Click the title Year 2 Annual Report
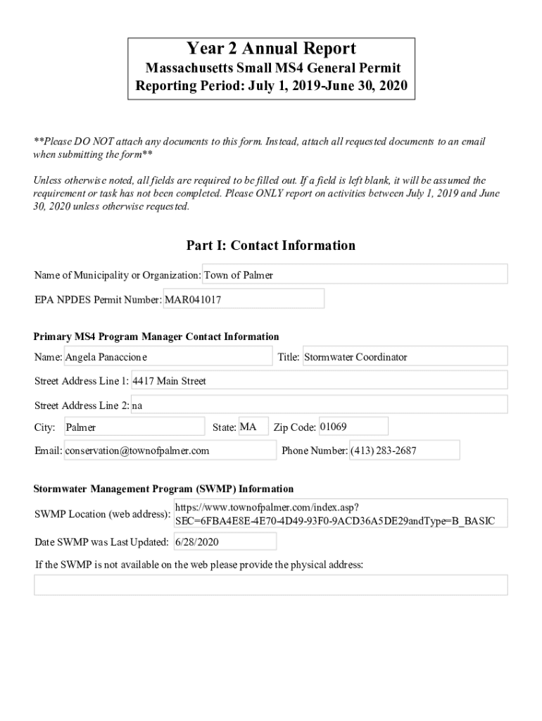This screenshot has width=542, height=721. click(271, 49)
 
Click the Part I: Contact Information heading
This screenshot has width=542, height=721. click(271, 245)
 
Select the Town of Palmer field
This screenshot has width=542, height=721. click(355, 275)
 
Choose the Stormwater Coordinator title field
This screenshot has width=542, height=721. click(404, 357)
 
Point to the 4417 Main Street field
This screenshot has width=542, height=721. click(319, 381)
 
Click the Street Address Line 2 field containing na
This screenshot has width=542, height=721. click(319, 405)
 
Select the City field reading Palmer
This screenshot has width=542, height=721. click(134, 427)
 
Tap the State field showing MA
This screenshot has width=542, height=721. click(253, 427)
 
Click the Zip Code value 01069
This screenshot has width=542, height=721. click(353, 427)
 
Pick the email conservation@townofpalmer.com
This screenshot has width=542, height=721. click(170, 451)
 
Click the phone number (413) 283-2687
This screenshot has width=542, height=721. click(404, 451)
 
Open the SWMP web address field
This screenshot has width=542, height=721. click(340, 514)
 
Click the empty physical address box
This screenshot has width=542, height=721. click(271, 585)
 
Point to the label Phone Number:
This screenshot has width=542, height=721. click(314, 451)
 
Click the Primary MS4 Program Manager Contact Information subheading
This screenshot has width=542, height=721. click(156, 337)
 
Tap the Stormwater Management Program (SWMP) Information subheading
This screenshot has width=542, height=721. click(164, 489)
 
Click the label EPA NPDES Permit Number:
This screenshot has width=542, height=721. click(99, 300)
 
